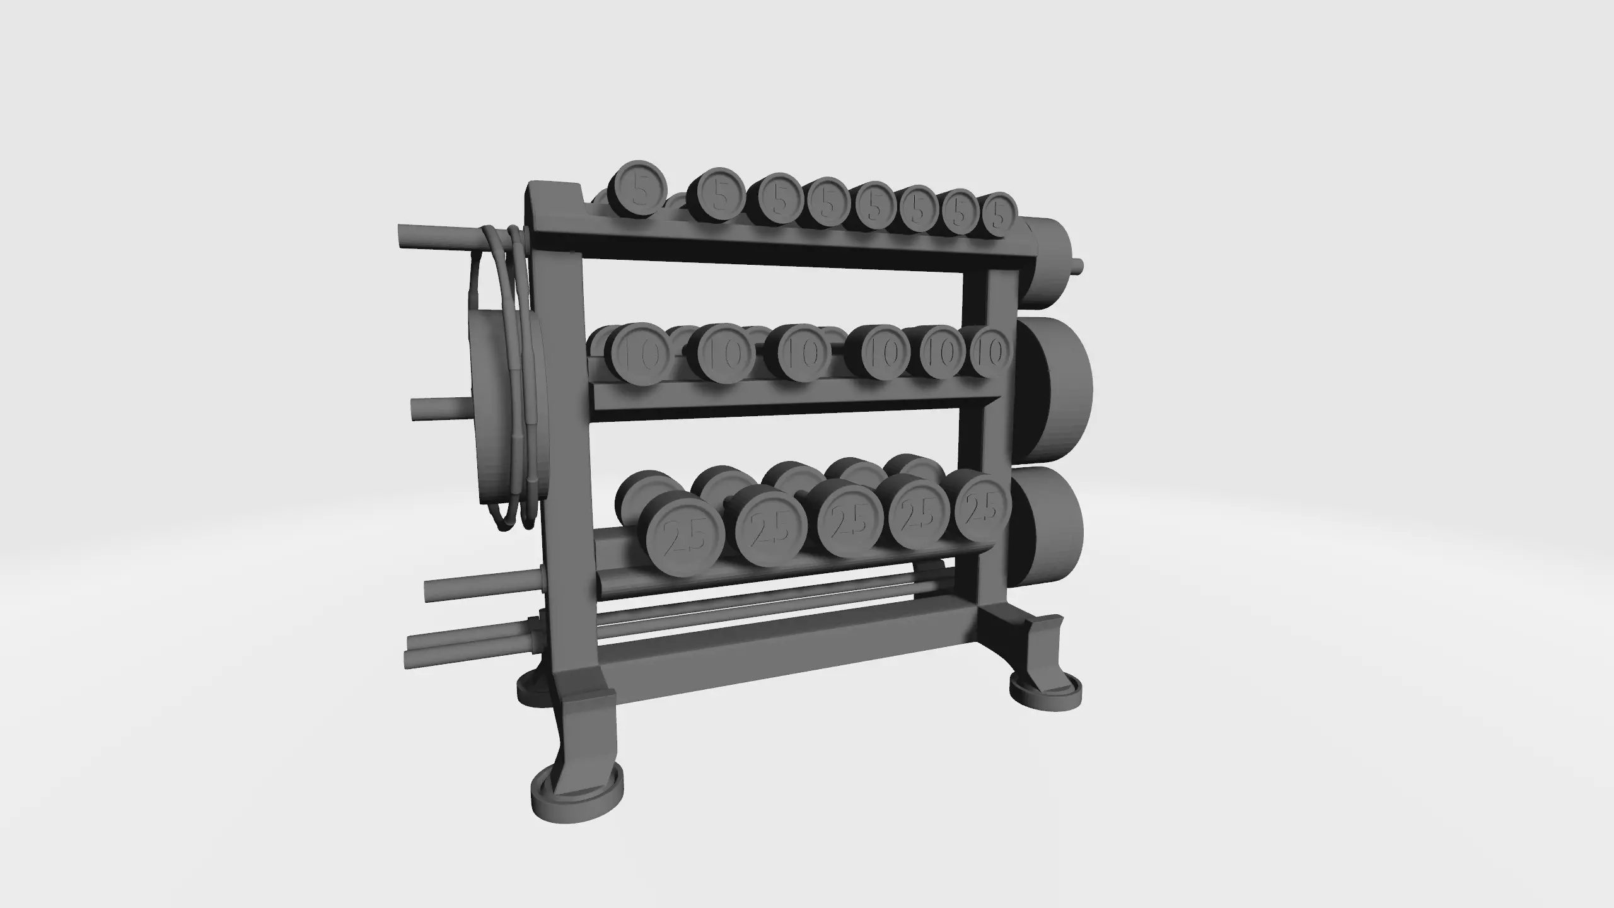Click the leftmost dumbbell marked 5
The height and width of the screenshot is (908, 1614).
(x=638, y=189)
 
